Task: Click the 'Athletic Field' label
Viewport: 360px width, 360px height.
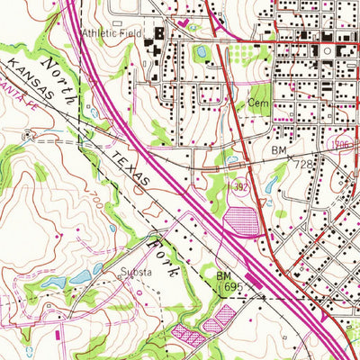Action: (x=112, y=35)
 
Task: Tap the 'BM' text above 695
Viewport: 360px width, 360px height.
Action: (x=224, y=274)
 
